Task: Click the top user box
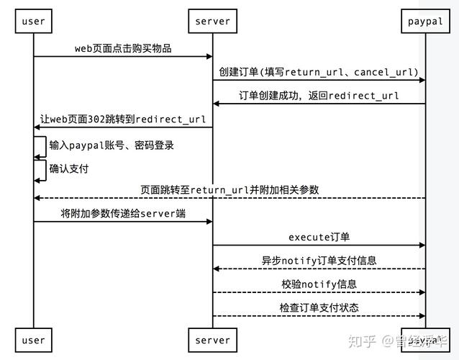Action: pyautogui.click(x=33, y=21)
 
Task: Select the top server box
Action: pyautogui.click(x=212, y=21)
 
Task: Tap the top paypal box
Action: pyautogui.click(x=425, y=21)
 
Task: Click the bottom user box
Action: pyautogui.click(x=33, y=340)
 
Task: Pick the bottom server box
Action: pyautogui.click(x=212, y=340)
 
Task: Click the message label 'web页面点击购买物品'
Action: pyautogui.click(x=123, y=48)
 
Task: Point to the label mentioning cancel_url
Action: pyautogui.click(x=319, y=72)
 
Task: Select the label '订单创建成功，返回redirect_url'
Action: pyautogui.click(x=319, y=96)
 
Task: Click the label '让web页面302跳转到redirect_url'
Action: pyautogui.click(x=123, y=120)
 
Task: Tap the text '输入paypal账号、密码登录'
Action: pyautogui.click(x=112, y=145)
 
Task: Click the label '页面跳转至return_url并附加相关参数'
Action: pyautogui.click(x=229, y=190)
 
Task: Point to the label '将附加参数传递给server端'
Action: pyautogui.click(x=123, y=214)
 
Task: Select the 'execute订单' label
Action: pyautogui.click(x=319, y=238)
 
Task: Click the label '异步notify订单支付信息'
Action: pyautogui.click(x=319, y=261)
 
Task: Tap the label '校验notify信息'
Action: pyautogui.click(x=319, y=284)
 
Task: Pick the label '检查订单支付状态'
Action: pyautogui.click(x=319, y=308)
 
